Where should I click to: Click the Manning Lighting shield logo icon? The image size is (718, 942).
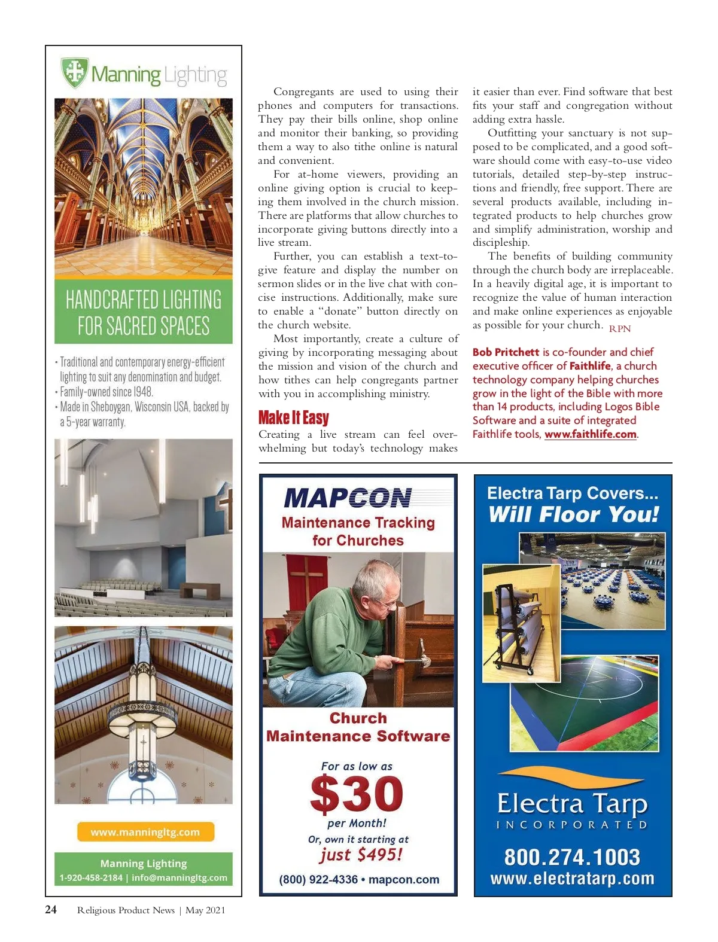(75, 72)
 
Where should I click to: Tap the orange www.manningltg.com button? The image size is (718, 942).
(145, 832)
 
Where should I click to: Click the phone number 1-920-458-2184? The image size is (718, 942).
(91, 878)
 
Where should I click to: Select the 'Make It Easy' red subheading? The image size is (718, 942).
(293, 417)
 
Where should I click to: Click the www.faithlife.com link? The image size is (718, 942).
(590, 434)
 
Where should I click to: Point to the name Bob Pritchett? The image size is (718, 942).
(506, 352)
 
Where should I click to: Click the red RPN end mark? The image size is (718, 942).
(620, 328)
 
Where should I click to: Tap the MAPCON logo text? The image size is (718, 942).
(348, 498)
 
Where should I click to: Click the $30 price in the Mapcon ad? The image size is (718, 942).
(357, 794)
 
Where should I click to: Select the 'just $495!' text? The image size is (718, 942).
(361, 855)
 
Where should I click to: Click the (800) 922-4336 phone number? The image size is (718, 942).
(318, 880)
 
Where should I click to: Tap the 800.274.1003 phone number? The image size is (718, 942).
(572, 857)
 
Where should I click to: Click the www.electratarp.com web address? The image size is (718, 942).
(572, 879)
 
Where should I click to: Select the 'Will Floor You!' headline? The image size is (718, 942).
(573, 514)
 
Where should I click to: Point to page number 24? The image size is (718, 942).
(51, 910)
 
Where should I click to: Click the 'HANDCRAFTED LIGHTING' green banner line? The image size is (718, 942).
(144, 300)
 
